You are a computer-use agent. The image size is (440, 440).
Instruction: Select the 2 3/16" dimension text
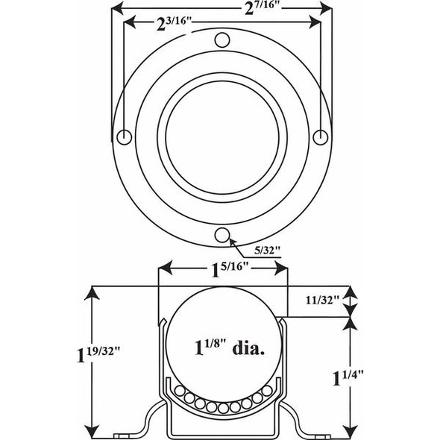[x=172, y=22]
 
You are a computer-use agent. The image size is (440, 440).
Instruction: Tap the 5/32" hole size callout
[x=265, y=249]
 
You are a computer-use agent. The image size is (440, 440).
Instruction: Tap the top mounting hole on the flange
[x=221, y=40]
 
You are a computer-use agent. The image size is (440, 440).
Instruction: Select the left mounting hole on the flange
[x=125, y=136]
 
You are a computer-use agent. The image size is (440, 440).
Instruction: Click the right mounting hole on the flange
[x=320, y=136]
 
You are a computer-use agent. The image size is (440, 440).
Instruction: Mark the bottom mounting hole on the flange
[x=221, y=235]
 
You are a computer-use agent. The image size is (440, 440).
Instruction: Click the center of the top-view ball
[x=222, y=137]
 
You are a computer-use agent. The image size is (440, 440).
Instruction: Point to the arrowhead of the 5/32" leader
[x=232, y=240]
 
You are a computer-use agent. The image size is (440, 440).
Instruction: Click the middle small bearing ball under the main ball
[x=222, y=408]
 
